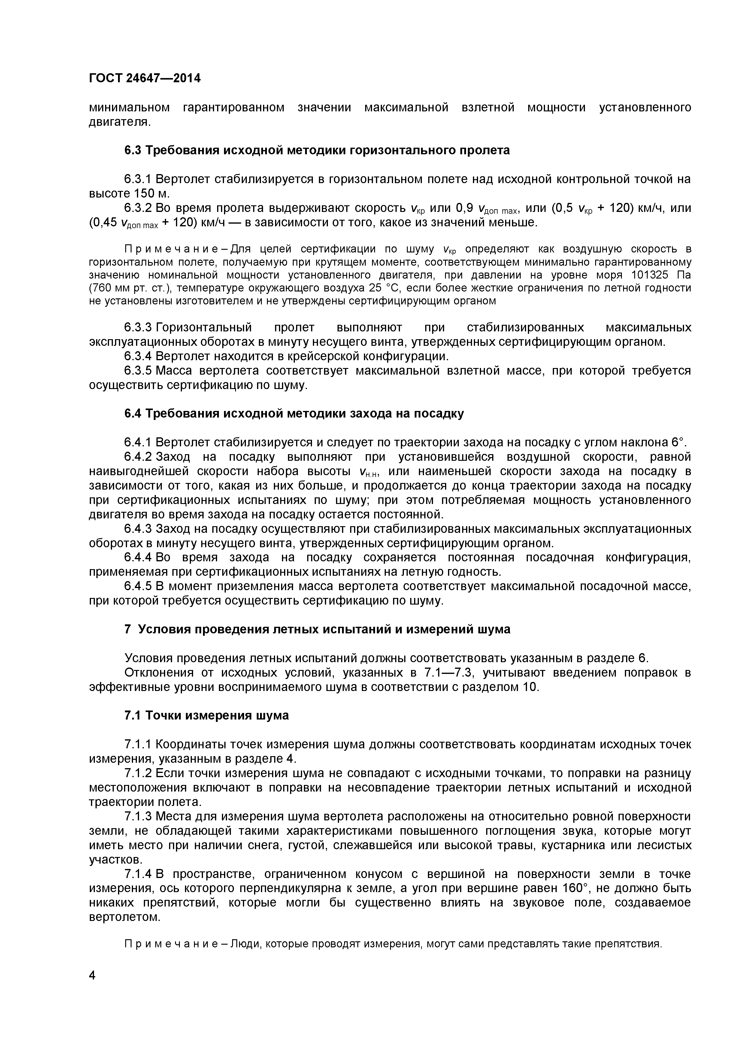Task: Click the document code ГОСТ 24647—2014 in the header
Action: point(144,78)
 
